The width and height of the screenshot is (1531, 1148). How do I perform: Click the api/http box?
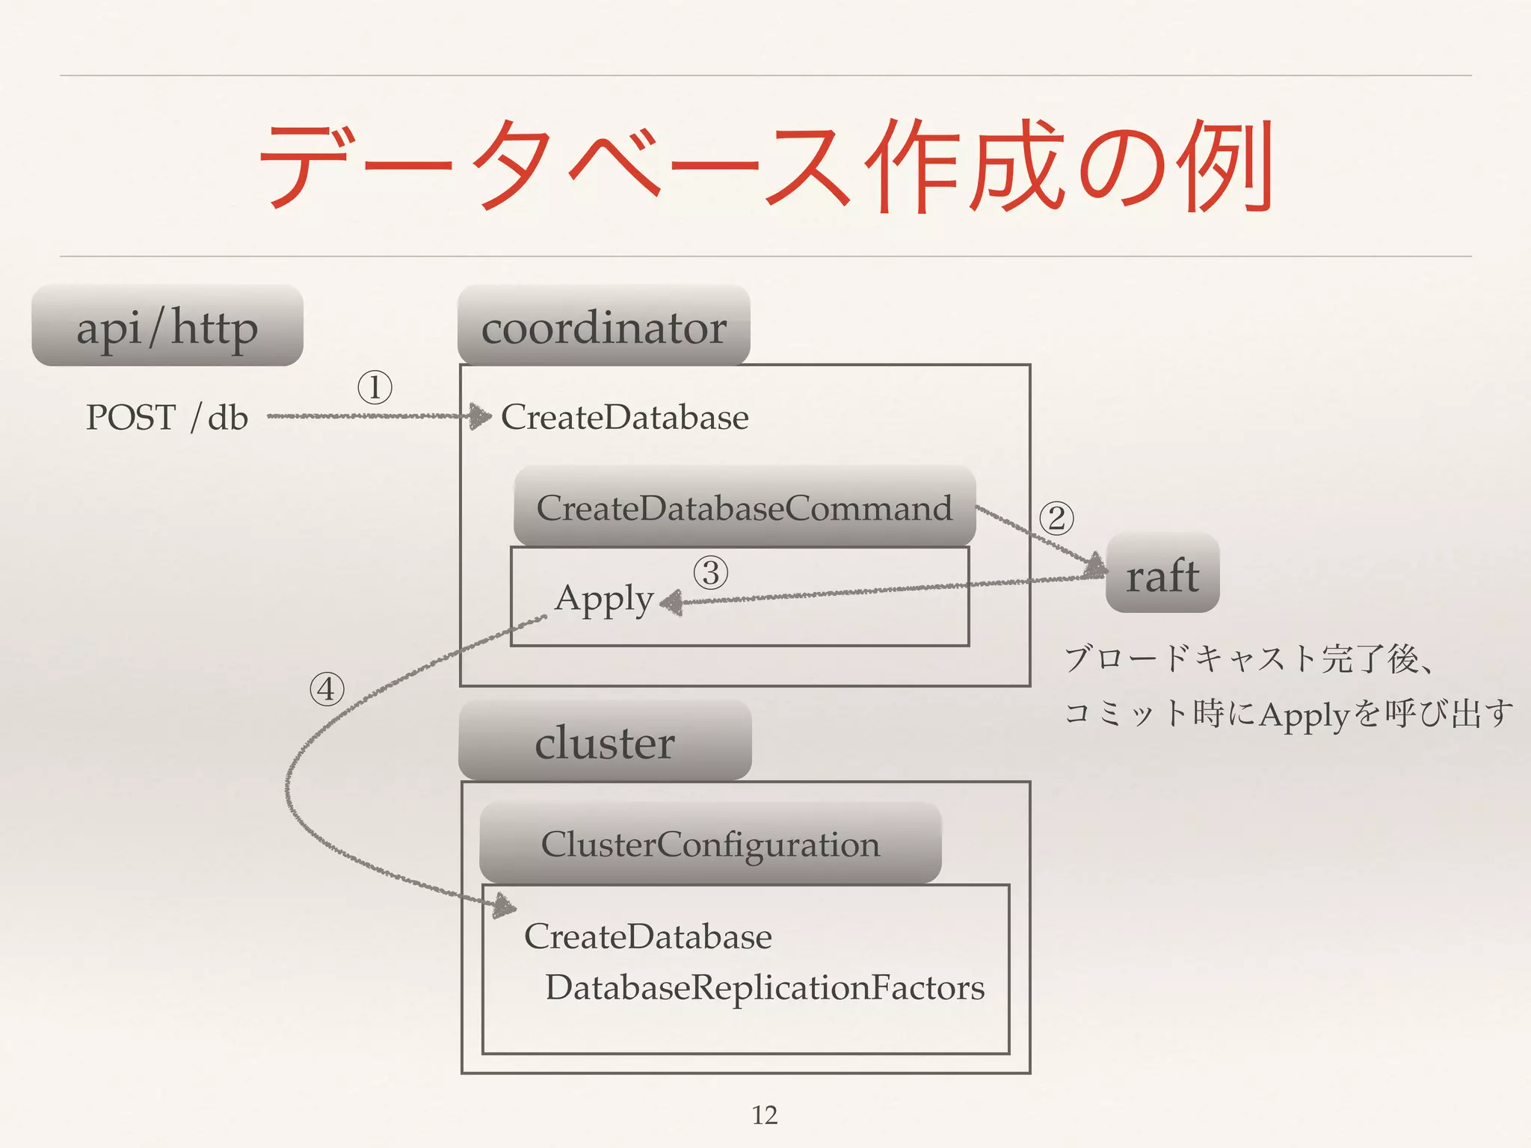point(167,327)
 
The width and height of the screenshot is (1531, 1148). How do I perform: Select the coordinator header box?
point(604,327)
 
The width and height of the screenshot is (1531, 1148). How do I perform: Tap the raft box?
point(1162,574)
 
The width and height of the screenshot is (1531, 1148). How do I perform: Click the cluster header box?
point(605,741)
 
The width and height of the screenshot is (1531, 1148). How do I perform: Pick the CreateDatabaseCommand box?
point(745,507)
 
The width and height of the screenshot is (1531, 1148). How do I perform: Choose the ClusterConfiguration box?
point(710,844)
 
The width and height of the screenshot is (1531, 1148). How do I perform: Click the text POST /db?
point(167,417)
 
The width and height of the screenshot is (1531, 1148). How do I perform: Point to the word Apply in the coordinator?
point(603,599)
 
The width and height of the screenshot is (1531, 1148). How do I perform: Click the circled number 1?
point(375,387)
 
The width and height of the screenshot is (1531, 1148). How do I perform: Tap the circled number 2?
point(1056,518)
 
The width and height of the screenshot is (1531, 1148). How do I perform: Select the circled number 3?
point(710,573)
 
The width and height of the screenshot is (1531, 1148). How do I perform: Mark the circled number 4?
point(327,689)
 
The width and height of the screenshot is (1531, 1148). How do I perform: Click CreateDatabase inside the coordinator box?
point(624,417)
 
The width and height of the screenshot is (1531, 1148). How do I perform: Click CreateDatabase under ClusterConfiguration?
point(647,936)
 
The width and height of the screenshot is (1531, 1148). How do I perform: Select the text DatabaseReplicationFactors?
point(764,987)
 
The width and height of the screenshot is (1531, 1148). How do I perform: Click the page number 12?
point(764,1114)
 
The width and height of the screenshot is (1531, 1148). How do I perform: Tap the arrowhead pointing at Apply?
point(671,602)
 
